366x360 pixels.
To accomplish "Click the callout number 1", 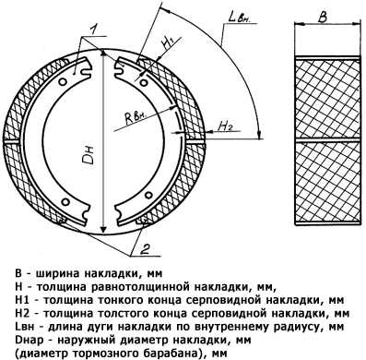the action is click(x=93, y=30).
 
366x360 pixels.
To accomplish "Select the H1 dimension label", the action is click(x=169, y=43).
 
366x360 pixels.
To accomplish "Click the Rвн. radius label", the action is click(x=136, y=116).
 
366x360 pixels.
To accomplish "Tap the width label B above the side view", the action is click(x=323, y=18).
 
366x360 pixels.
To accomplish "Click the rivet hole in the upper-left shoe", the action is click(x=63, y=82).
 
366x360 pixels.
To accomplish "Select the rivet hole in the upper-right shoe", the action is click(x=144, y=82).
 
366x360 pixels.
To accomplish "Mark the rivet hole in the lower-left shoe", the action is click(x=65, y=201).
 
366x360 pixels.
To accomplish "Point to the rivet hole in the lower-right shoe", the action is click(x=148, y=195).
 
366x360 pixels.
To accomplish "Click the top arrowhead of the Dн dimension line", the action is click(x=103, y=54).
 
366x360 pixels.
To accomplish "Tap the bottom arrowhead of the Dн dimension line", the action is click(x=103, y=229).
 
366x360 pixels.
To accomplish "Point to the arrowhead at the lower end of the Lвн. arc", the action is click(x=260, y=134).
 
